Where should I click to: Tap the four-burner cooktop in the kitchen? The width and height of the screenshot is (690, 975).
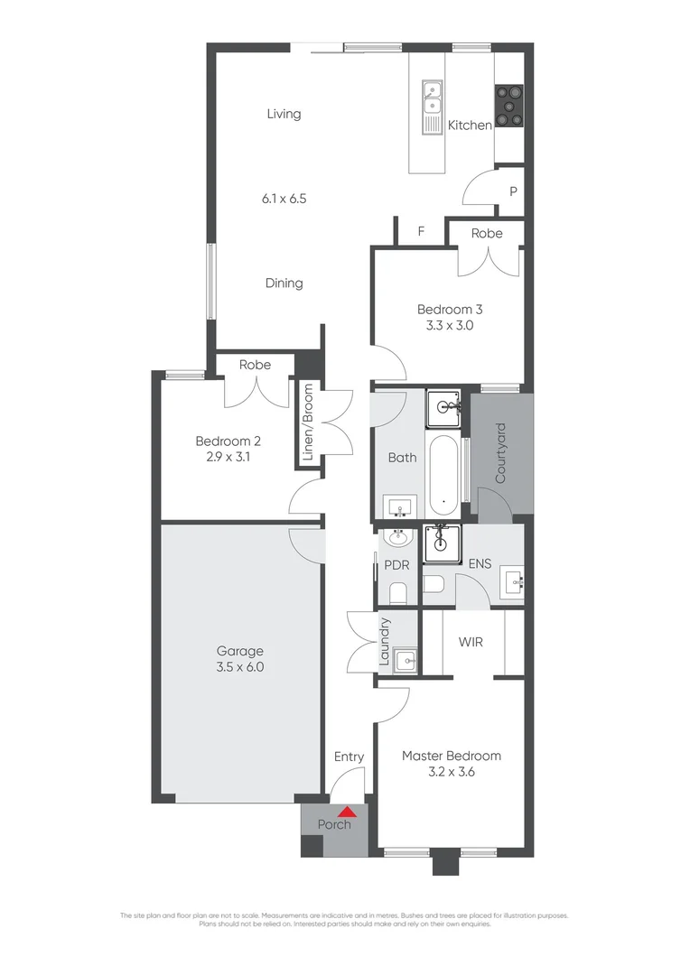pos(508,104)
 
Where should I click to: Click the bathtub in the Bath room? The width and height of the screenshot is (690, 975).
pos(443,474)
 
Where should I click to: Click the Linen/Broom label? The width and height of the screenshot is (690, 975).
pos(308,422)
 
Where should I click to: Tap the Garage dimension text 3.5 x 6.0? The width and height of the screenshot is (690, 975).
pos(239,668)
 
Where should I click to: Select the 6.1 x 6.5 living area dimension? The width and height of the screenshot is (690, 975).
pos(284,198)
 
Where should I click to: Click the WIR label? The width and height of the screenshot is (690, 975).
pos(471,642)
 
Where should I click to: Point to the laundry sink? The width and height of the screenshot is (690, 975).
pos(406,660)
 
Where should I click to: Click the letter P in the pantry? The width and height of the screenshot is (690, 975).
pos(513,191)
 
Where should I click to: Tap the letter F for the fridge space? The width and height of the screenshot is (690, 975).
pos(421,231)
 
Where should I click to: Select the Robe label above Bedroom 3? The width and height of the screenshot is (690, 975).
pos(487,233)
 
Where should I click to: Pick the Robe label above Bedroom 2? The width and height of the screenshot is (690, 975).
pos(255,365)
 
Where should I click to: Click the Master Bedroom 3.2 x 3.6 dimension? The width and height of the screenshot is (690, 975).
pos(451,773)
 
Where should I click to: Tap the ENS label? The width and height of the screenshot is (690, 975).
pos(480,564)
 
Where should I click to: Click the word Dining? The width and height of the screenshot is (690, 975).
pos(284,283)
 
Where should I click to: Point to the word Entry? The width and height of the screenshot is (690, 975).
pos(349,757)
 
